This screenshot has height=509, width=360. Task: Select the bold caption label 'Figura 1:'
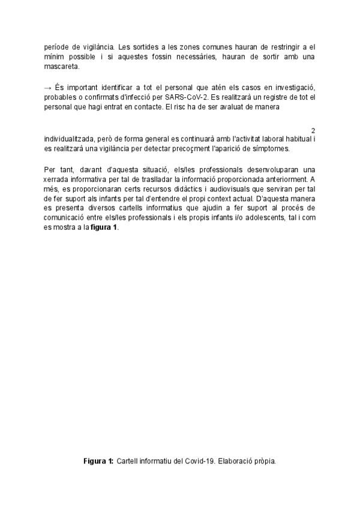coord(98,462)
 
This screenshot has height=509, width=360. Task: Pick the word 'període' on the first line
coord(59,46)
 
